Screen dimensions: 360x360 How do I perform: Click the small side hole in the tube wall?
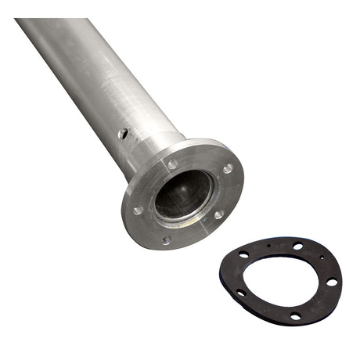click(x=123, y=135)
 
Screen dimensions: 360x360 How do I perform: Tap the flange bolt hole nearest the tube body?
click(x=172, y=164)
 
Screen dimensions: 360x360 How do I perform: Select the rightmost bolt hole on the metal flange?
click(x=227, y=168)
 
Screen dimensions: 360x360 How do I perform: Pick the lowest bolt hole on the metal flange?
click(x=166, y=239)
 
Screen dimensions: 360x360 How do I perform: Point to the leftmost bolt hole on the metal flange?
click(x=138, y=210)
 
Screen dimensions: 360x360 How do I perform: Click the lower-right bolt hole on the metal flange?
click(x=218, y=214)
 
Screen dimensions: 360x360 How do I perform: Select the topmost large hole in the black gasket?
click(x=298, y=246)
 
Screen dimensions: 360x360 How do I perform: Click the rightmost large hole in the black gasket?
click(x=332, y=282)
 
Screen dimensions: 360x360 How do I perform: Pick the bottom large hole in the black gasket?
click(x=295, y=316)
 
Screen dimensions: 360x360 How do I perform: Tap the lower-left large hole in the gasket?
click(x=241, y=292)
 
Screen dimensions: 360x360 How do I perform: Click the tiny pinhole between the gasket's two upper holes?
click(x=271, y=245)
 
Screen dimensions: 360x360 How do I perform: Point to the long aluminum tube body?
click(x=86, y=70)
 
